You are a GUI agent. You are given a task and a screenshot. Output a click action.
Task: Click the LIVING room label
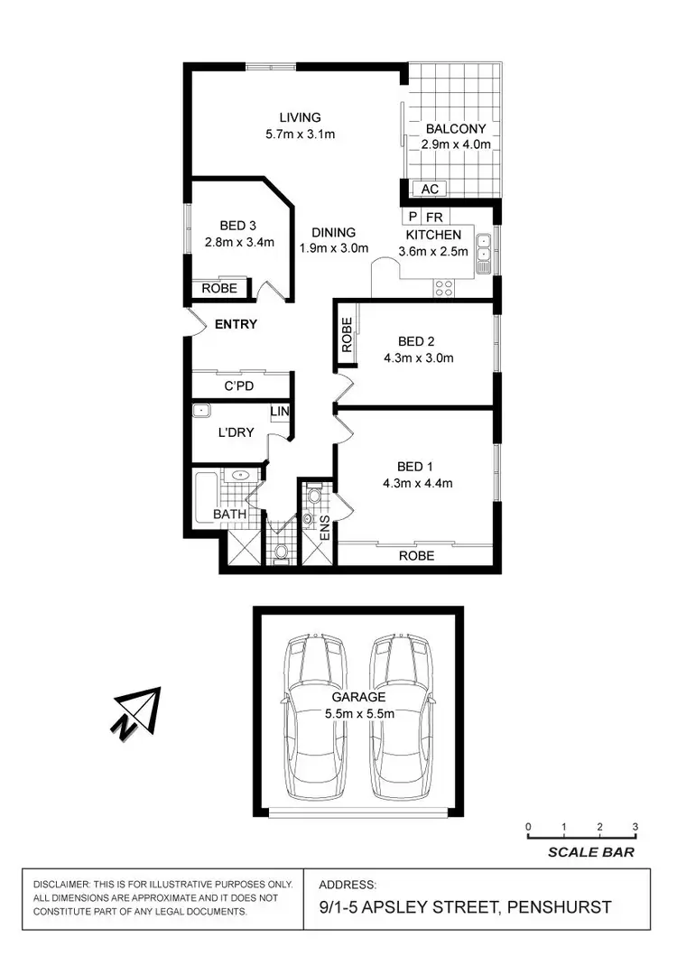[300, 117]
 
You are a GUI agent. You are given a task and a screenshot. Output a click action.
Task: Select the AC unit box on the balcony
[430, 189]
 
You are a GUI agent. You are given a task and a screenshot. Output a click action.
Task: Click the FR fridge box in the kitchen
[434, 218]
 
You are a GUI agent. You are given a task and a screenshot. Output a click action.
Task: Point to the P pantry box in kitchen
[413, 218]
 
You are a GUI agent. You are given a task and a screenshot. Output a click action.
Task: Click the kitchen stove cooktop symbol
[444, 288]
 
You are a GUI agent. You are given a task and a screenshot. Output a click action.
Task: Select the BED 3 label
[239, 226]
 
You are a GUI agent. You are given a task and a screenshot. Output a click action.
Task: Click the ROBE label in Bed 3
[219, 289]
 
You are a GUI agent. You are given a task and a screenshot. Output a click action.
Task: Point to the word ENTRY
[236, 324]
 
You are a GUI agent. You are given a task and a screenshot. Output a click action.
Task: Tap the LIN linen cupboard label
[281, 413]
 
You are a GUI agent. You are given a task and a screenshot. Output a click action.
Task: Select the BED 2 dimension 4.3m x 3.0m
[417, 357]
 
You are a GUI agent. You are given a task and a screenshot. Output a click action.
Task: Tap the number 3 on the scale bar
[635, 827]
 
